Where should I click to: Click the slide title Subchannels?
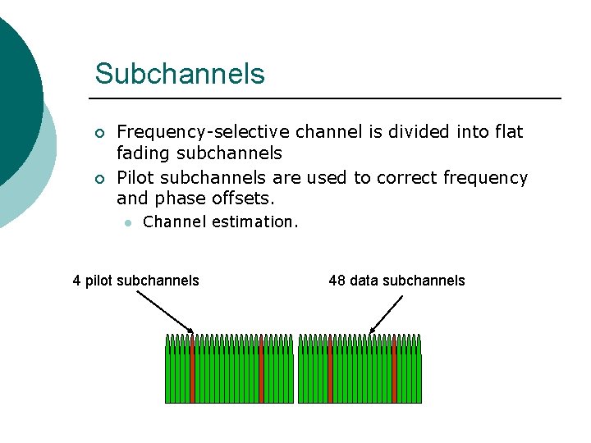pyautogui.click(x=180, y=74)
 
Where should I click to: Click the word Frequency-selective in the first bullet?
pyautogui.click(x=204, y=132)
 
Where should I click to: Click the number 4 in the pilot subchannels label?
pyautogui.click(x=76, y=281)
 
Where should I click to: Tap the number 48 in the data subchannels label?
pyautogui.click(x=337, y=281)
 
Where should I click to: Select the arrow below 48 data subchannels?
pyautogui.click(x=387, y=314)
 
